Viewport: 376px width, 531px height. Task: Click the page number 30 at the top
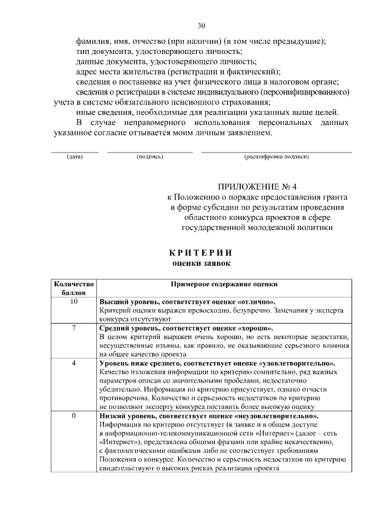(201, 26)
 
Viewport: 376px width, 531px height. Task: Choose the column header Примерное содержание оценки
(224, 283)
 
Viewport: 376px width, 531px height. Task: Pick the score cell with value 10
(74, 302)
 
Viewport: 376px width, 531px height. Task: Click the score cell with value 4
(74, 363)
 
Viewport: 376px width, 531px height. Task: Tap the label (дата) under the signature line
(75, 157)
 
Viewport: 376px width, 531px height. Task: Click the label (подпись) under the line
(150, 157)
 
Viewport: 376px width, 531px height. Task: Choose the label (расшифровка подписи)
(276, 157)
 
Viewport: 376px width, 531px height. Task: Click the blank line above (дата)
(75, 152)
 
